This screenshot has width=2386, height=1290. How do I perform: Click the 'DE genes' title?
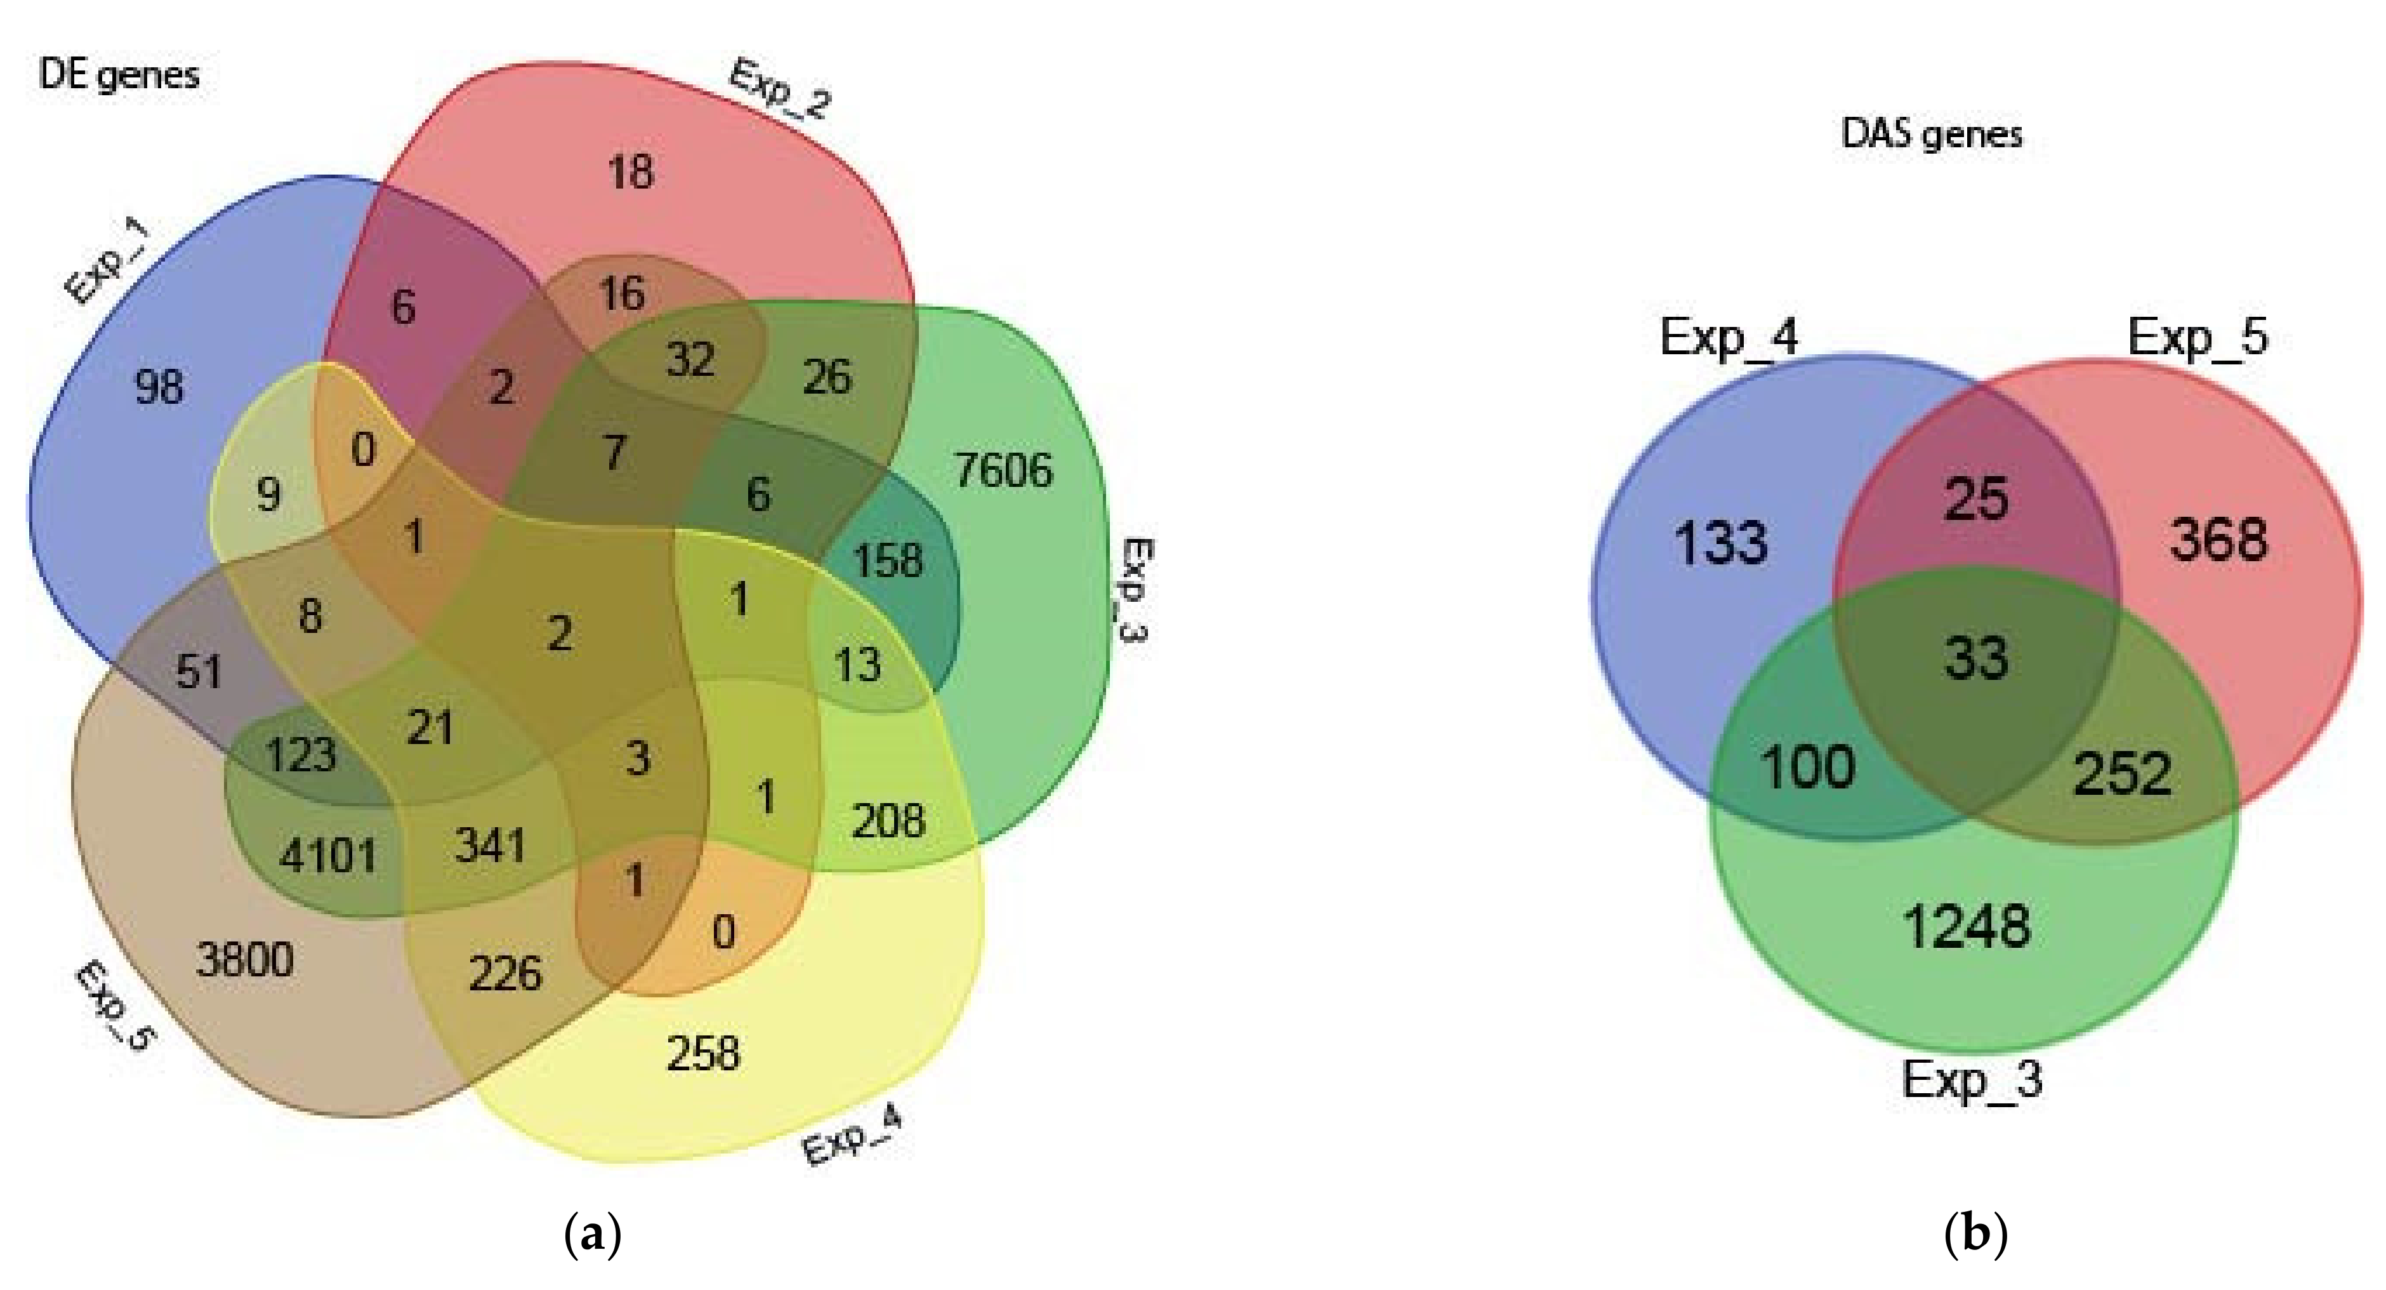point(119,75)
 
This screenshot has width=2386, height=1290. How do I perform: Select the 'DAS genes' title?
point(1931,135)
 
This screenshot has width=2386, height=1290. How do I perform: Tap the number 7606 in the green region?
point(1003,471)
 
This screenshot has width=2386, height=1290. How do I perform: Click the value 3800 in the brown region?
point(244,959)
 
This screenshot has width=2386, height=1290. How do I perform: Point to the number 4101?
point(328,854)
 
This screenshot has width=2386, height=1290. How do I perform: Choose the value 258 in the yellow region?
point(703,1054)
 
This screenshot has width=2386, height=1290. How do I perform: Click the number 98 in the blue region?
point(159,387)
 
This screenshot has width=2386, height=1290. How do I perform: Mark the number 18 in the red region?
point(631,173)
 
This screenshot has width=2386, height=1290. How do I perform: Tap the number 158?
point(887,561)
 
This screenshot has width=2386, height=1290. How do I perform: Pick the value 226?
point(504,974)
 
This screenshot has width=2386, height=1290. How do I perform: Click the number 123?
point(300,754)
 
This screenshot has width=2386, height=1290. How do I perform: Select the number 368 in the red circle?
point(2219,540)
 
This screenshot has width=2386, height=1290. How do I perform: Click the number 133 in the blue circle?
point(1722,542)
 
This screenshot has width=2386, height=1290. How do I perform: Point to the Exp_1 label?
point(109,262)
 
